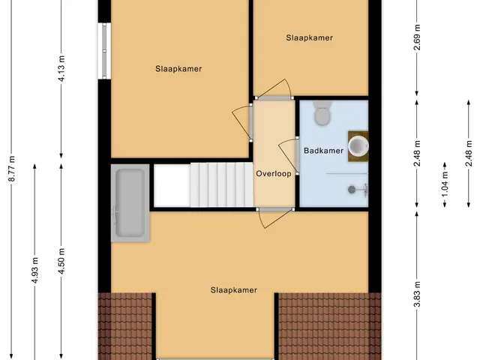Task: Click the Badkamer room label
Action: [x=323, y=151]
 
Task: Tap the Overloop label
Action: [x=274, y=174]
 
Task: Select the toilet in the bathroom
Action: [x=322, y=113]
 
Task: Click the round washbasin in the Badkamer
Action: [x=358, y=146]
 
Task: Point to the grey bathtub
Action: [x=130, y=203]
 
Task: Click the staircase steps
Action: [x=222, y=185]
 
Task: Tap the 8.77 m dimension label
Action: [x=12, y=169]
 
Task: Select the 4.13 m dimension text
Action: [x=61, y=68]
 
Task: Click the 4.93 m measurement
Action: [x=35, y=270]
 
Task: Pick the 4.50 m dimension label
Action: [x=61, y=261]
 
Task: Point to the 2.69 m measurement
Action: [x=417, y=37]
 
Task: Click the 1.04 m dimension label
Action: [x=445, y=184]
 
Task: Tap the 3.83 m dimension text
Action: [x=417, y=293]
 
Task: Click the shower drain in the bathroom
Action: [x=352, y=190]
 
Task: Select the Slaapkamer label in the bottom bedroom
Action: [x=234, y=290]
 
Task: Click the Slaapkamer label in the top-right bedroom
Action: [x=310, y=37]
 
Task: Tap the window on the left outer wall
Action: [x=104, y=51]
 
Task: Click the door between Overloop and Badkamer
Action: [x=289, y=155]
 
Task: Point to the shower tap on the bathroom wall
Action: [x=364, y=190]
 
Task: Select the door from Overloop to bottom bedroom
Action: [x=275, y=217]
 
